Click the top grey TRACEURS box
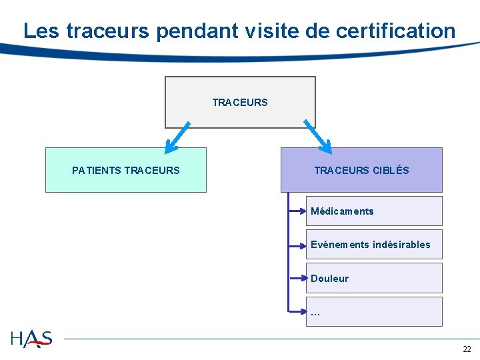(240, 102)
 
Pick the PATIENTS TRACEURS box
(125, 170)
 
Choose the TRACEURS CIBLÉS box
(361, 170)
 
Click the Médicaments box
(374, 211)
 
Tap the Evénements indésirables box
(374, 244)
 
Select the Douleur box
(374, 278)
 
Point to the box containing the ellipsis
(374, 311)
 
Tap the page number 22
(467, 349)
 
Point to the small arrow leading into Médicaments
(297, 211)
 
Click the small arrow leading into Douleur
(297, 278)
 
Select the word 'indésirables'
(401, 245)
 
